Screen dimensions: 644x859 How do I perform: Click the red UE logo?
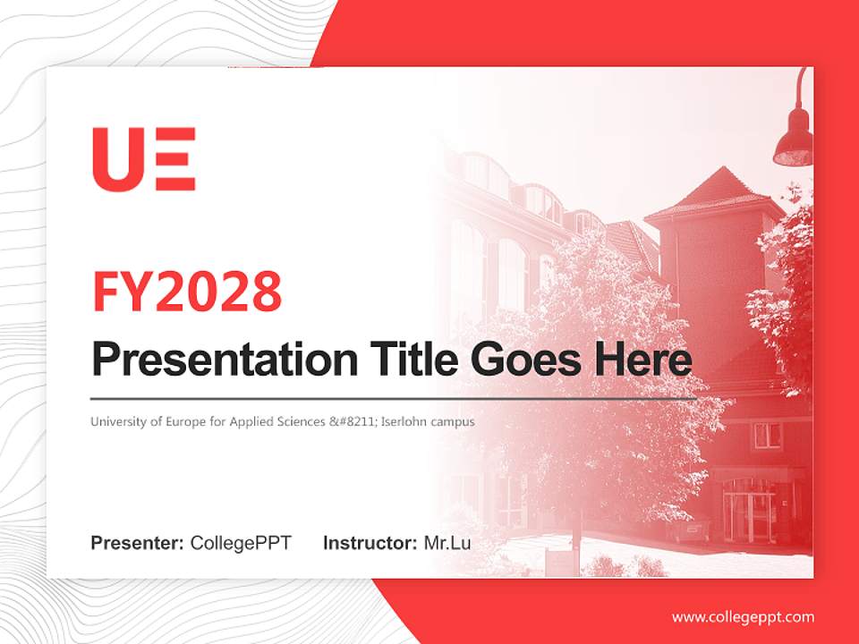tap(143, 159)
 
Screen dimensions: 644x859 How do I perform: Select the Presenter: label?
tap(137, 543)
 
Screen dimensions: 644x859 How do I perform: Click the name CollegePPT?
tap(241, 543)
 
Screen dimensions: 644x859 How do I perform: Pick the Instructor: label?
tap(370, 543)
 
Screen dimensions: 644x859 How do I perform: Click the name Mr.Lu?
tap(447, 543)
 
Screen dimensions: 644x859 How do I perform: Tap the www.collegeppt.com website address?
tap(743, 617)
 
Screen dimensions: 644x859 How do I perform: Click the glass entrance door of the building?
tap(748, 510)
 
